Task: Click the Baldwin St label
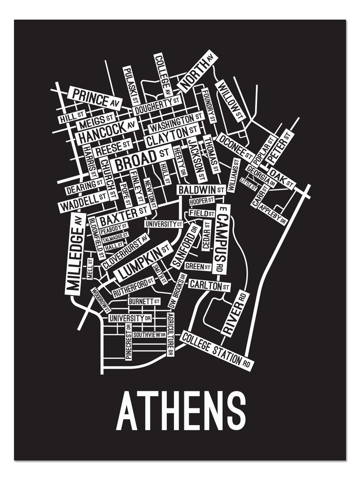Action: [201, 190]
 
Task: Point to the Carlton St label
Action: [209, 286]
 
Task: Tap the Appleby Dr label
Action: [273, 214]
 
